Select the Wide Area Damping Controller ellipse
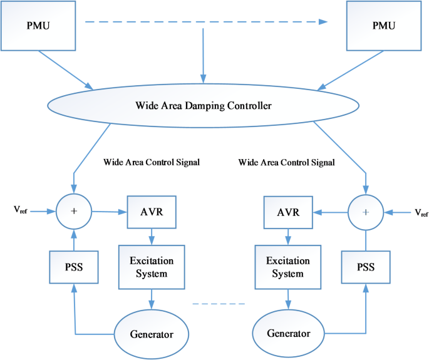tap(204, 106)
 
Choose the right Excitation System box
tap(287, 267)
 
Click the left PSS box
tap(75, 267)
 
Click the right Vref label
tap(421, 213)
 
